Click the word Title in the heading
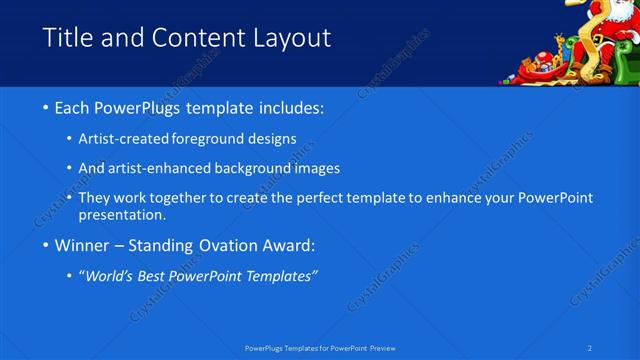coord(65,38)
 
